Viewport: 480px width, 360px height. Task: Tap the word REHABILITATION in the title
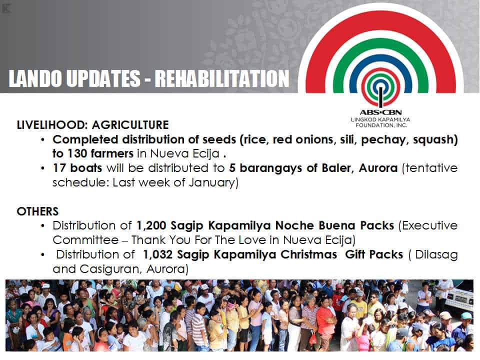click(x=222, y=78)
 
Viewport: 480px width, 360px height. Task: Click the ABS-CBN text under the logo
click(x=380, y=112)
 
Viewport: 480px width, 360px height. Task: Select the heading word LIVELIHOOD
click(x=51, y=125)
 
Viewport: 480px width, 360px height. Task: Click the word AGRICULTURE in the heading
click(x=130, y=125)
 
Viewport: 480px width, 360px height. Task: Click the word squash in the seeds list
click(x=435, y=140)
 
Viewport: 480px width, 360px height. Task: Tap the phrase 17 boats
click(x=77, y=168)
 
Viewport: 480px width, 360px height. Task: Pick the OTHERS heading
click(x=37, y=211)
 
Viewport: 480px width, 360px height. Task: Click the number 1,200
click(x=151, y=226)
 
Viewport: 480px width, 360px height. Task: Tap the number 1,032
click(x=157, y=254)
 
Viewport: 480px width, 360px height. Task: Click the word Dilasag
click(x=436, y=255)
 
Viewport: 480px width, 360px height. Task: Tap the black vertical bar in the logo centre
click(x=381, y=97)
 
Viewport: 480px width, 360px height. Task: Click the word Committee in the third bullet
click(x=85, y=240)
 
